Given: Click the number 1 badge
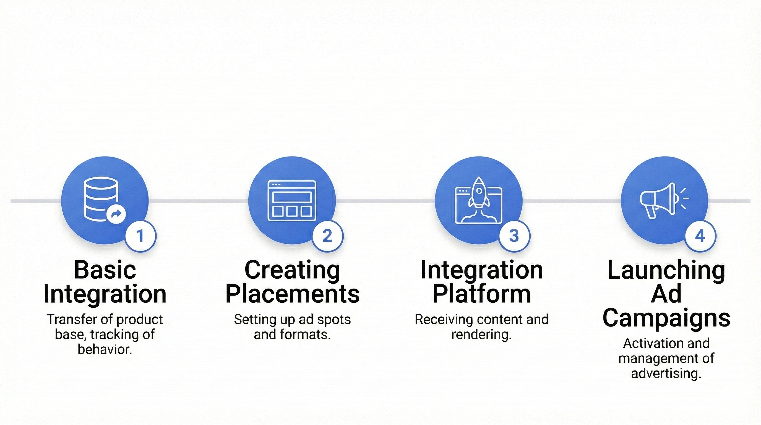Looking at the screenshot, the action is click(140, 236).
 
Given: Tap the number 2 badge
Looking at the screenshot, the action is click(327, 236).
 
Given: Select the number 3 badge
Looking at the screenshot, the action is click(514, 236).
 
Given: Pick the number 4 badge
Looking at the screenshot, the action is click(700, 236).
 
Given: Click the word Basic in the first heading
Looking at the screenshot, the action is click(105, 270).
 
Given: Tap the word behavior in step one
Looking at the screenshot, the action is click(105, 349).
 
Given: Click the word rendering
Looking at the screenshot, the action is click(481, 335).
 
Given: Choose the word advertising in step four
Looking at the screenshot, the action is click(666, 373).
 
